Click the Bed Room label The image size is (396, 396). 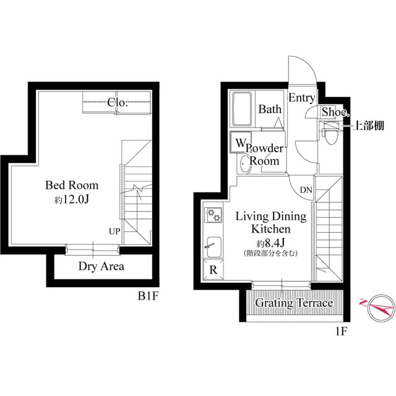pos(72,185)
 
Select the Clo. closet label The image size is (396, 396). pos(118,103)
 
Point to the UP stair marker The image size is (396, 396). pos(114,231)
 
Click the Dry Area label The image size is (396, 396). pos(101,267)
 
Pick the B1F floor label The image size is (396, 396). pos(148,296)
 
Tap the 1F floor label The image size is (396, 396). pos(341,331)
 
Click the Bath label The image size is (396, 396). pos(270,110)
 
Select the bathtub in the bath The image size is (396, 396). pos(241,110)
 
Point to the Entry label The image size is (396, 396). pos(302,98)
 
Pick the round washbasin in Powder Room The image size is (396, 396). pos(245,164)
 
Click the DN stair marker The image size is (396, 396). pos(306,190)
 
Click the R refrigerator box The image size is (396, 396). pos(213,269)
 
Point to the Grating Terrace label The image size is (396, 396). pos(294,303)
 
